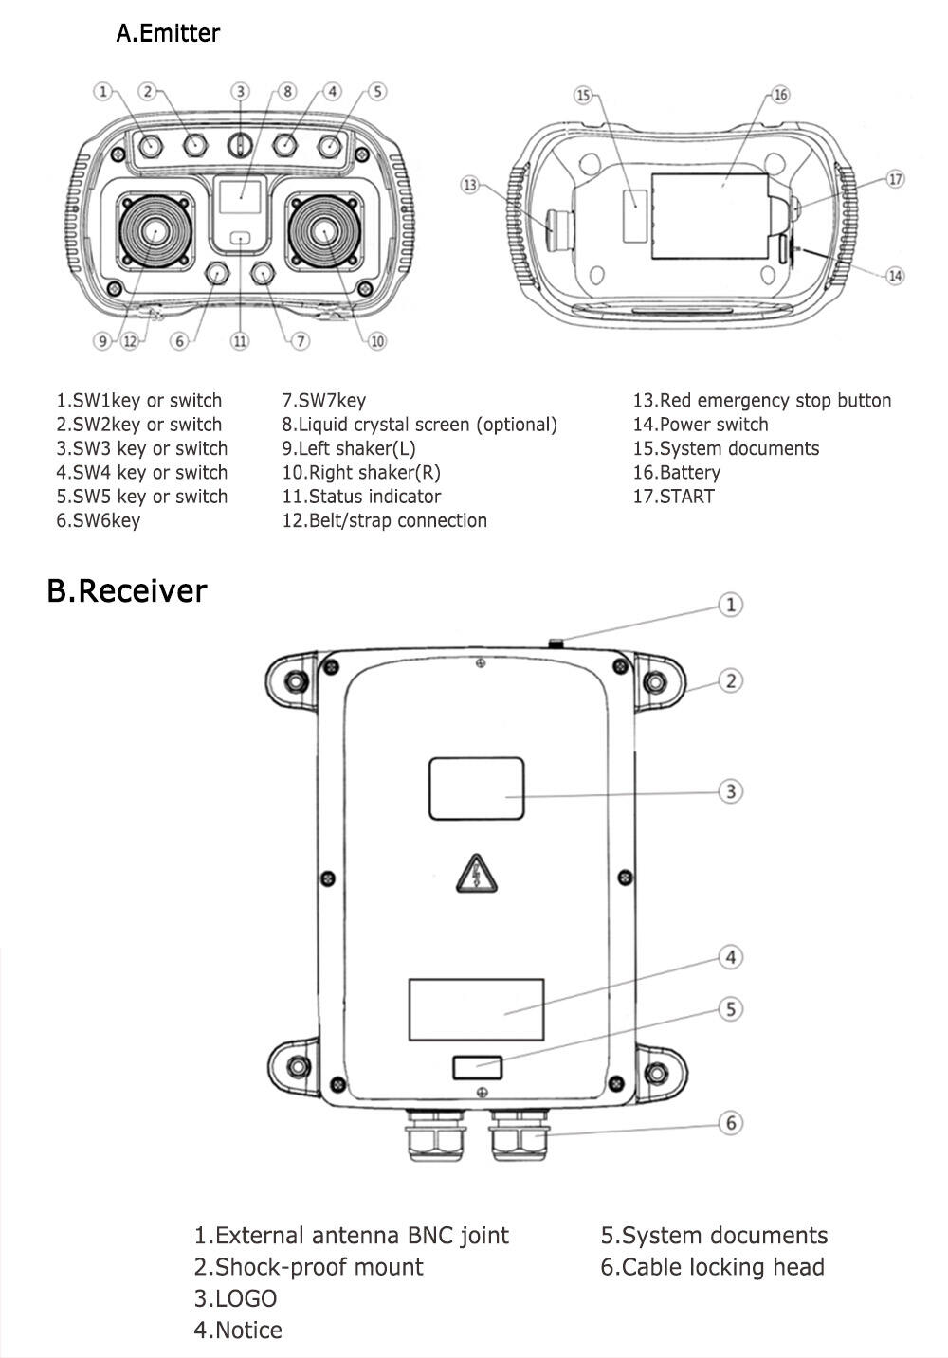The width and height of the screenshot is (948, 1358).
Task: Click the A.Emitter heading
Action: [167, 33]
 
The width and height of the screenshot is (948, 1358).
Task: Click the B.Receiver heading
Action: [126, 590]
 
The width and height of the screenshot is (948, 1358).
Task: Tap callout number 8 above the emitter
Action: [288, 92]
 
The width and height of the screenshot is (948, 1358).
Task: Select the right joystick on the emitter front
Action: [323, 231]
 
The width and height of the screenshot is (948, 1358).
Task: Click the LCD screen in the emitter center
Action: [240, 197]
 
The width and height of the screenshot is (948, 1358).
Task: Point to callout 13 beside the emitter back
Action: [471, 184]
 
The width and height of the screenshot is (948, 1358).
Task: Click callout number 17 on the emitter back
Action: [896, 178]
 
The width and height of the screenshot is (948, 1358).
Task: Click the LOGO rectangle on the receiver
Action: [477, 788]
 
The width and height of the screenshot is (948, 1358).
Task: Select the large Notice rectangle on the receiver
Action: [476, 1009]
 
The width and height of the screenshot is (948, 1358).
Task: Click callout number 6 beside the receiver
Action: [730, 1123]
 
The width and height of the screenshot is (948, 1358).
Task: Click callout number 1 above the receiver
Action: [730, 605]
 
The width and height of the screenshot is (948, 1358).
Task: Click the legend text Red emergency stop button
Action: [762, 400]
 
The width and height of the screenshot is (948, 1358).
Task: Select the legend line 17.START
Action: [673, 496]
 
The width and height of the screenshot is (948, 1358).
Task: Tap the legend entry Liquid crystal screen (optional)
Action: [419, 425]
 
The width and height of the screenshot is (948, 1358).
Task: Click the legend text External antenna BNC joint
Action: [351, 1235]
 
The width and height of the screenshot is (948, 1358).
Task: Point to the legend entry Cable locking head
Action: [712, 1267]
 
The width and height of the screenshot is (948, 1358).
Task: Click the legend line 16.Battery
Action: [677, 472]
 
